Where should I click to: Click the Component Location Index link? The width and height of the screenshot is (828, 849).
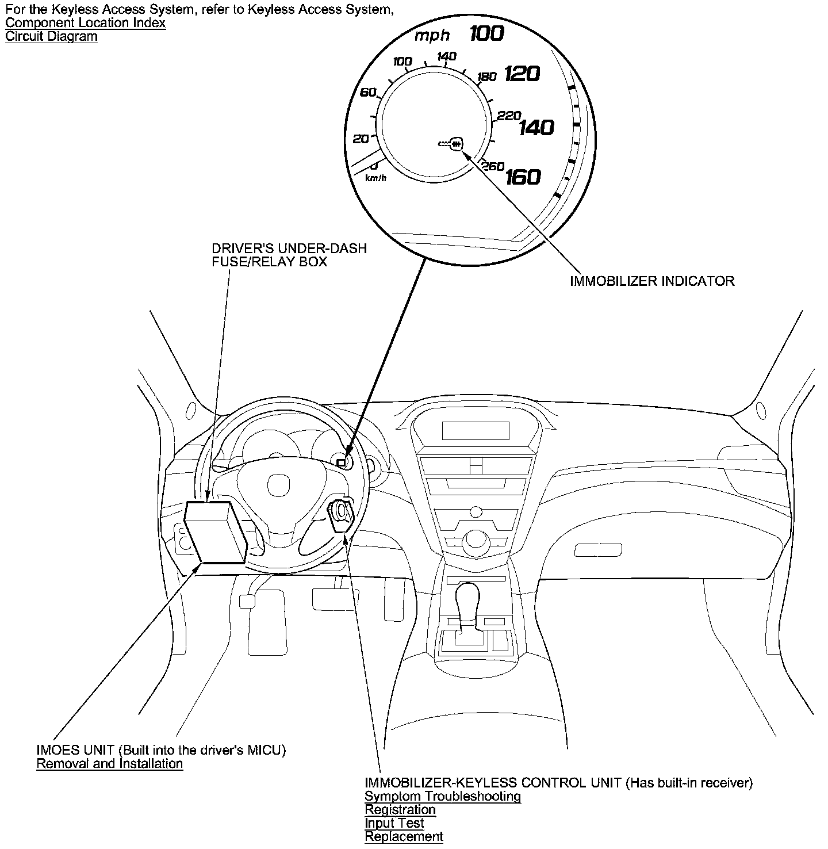85,24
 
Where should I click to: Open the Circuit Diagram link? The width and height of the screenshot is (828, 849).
51,37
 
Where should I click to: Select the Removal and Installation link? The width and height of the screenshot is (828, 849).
109,764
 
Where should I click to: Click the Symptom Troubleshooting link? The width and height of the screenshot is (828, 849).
443,797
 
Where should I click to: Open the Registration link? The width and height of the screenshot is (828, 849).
400,810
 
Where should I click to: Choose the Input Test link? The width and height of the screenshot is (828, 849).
394,823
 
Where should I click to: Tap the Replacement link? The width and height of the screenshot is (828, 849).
404,837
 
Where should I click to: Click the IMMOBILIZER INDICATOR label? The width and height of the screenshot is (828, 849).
652,281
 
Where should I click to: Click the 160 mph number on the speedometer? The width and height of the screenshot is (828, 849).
523,177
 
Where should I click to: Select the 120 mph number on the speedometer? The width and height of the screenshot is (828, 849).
522,74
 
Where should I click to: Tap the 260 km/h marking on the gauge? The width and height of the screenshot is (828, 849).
493,166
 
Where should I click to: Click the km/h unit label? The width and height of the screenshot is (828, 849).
376,178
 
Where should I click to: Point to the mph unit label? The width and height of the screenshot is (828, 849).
432,36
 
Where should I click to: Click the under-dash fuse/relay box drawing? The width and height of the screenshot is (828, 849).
216,532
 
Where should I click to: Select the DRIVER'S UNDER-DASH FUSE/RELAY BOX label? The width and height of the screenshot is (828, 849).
289,255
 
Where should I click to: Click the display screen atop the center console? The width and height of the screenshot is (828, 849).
476,430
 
